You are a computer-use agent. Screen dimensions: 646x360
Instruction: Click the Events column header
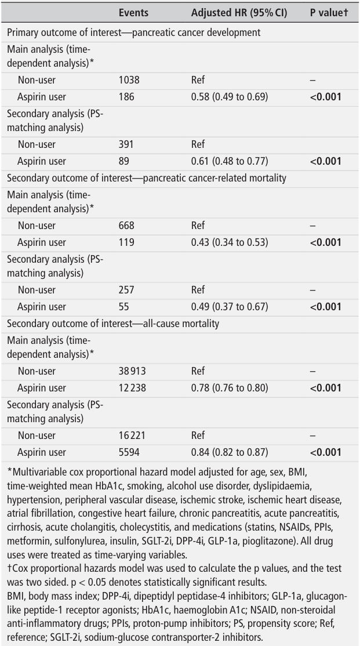[x=133, y=12]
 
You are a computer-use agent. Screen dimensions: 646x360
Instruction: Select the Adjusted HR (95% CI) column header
[x=235, y=12]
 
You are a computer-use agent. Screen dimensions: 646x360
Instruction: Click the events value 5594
[x=129, y=452]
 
